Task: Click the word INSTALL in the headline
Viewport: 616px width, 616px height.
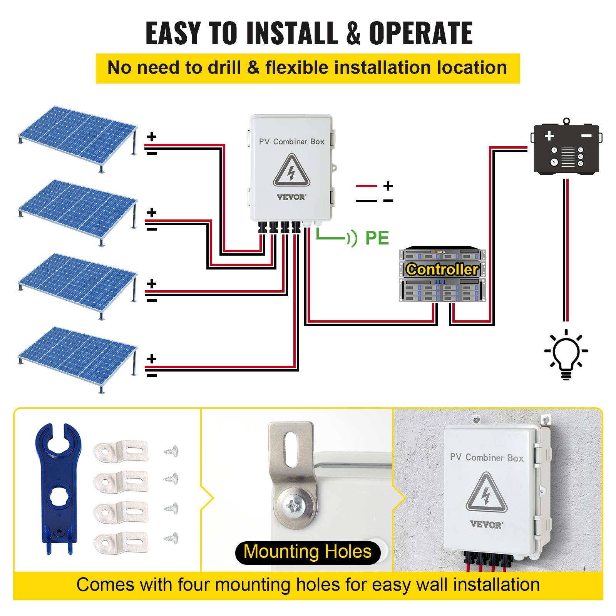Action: coord(292,33)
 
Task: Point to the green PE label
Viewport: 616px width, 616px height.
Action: coord(377,238)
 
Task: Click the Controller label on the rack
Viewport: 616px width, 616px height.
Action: coord(442,269)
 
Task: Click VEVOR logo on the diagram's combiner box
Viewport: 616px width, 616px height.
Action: coord(291,197)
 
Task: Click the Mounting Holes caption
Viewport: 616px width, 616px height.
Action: coord(307,551)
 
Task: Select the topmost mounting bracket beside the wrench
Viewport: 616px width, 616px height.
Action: coord(121,450)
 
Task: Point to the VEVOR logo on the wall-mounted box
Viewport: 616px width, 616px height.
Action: coord(486,525)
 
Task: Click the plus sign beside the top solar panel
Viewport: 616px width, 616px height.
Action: coord(152,137)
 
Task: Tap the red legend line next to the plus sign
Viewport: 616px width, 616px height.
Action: coord(367,186)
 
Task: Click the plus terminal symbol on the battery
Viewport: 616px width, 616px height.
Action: coord(549,136)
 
